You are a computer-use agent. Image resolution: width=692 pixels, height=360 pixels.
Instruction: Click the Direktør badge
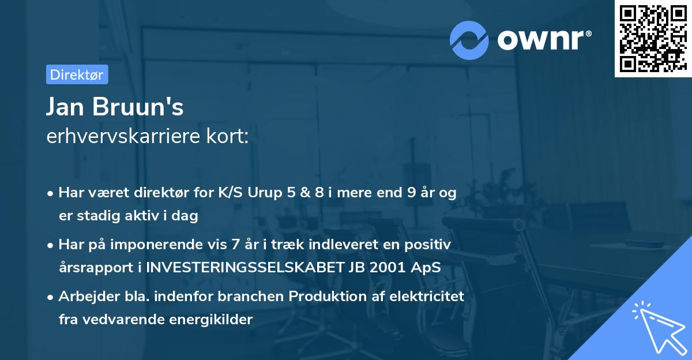pos(77,74)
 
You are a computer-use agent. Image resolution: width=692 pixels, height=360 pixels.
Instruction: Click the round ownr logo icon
pos(469,40)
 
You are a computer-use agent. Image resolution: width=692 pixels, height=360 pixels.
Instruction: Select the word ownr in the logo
pos(543,40)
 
